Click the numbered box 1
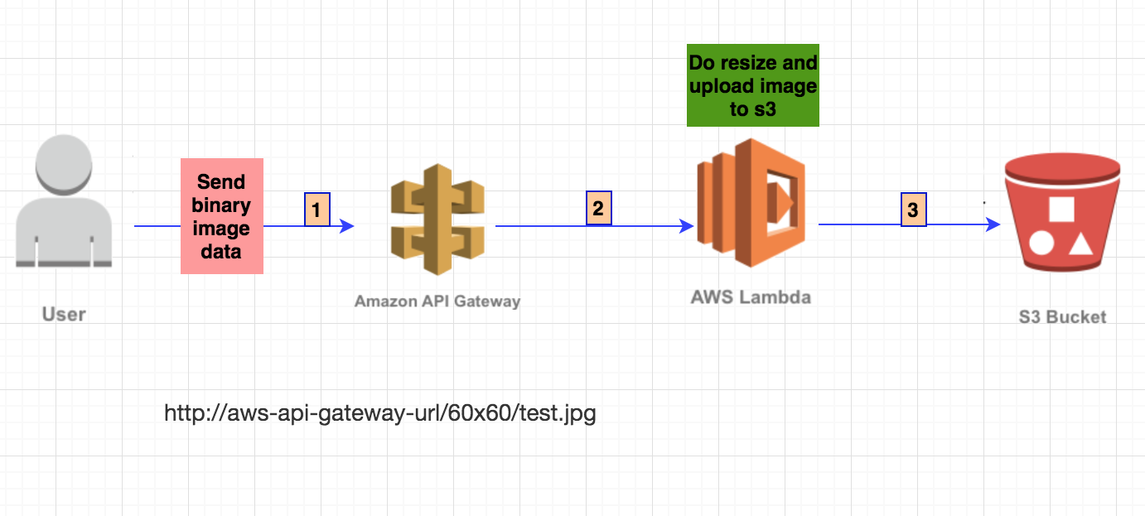point(316,210)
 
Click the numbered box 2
point(598,208)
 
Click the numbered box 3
point(912,210)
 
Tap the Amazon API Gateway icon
point(437,219)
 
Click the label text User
point(64,315)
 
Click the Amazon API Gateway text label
point(437,301)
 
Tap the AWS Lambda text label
point(751,297)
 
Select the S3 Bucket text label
point(1062,316)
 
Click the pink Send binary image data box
point(221,215)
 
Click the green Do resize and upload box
point(752,85)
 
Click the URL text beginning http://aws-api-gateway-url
point(380,412)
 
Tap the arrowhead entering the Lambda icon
point(687,225)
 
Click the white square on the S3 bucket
point(1061,208)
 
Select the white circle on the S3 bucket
point(1041,244)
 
